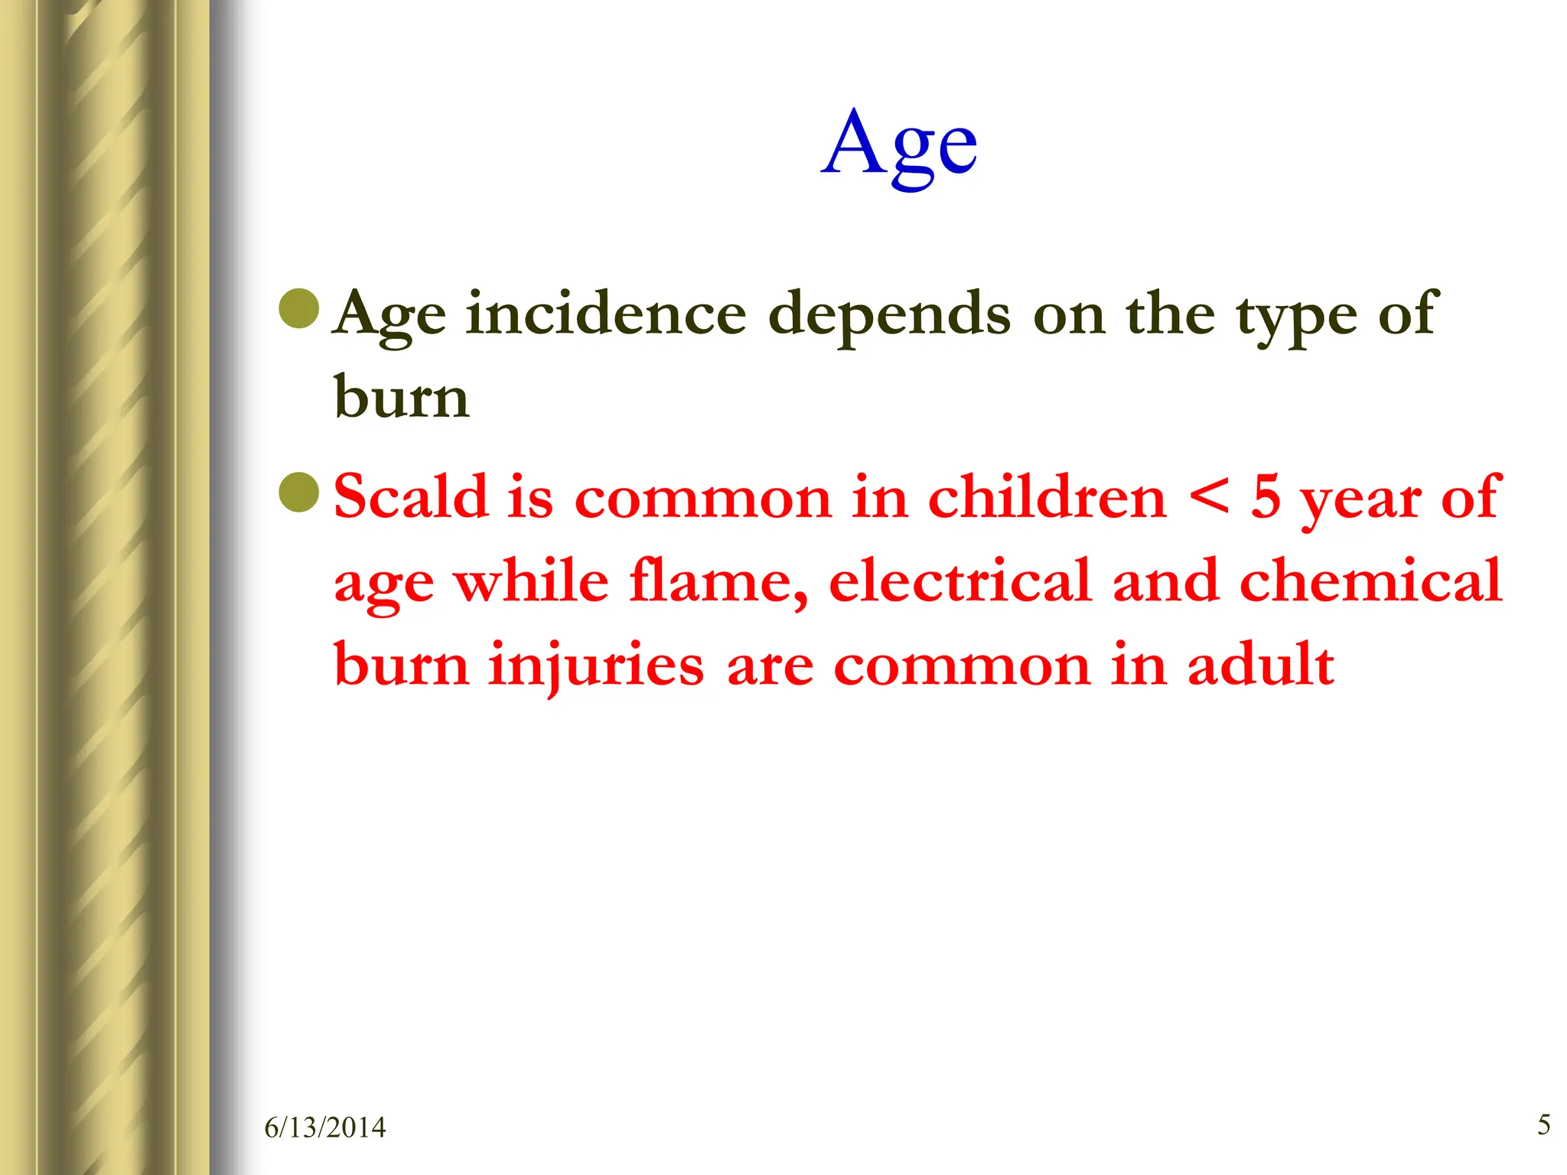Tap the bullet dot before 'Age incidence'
[299, 308]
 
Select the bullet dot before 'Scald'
[299, 493]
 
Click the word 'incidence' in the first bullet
[606, 314]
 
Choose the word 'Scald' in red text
[411, 496]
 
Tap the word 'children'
[1047, 496]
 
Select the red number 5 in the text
[1266, 497]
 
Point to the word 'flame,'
[718, 581]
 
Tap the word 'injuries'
[596, 666]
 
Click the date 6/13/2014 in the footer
[325, 1128]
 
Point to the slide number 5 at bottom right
[1544, 1125]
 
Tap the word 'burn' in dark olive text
[402, 398]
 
